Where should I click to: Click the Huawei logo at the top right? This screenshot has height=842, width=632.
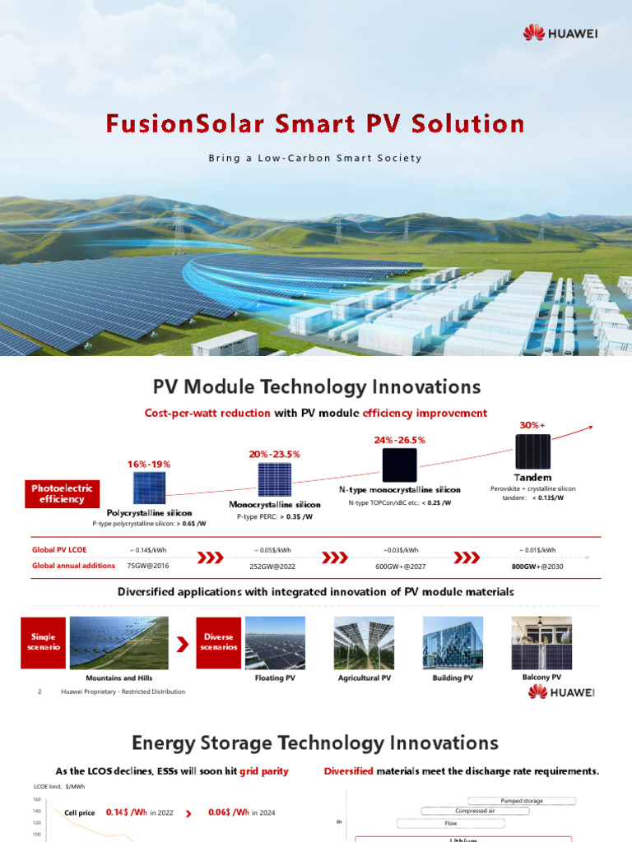559,32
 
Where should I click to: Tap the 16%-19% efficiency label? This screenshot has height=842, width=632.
149,464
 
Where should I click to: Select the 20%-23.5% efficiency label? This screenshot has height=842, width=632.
274,454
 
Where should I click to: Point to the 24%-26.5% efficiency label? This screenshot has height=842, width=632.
399,440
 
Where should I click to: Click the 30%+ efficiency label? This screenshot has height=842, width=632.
532,425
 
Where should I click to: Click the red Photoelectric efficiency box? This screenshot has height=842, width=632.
62,493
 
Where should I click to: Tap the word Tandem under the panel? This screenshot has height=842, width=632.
532,477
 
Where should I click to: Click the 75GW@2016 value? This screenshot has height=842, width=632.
149,566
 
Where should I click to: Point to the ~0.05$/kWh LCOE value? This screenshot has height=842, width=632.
274,550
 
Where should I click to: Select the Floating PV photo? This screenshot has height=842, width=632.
275,643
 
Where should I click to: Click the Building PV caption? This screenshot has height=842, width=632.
453,678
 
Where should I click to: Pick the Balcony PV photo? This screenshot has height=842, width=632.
541,643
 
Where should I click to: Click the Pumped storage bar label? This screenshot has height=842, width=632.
522,800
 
